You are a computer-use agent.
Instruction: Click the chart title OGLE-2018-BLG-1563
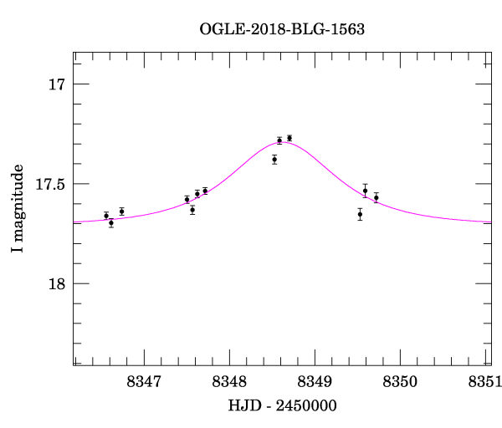tap(282, 28)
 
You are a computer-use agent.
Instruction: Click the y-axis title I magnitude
tap(18, 210)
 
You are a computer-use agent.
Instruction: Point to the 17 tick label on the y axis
tap(56, 84)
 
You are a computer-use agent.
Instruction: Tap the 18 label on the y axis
tap(56, 284)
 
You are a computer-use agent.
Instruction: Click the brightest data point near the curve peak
tap(289, 138)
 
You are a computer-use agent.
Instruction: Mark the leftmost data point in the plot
tap(106, 216)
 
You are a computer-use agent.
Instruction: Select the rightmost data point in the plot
tap(376, 198)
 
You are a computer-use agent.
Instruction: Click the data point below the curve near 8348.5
tap(274, 159)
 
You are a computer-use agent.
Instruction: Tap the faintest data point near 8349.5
tap(360, 214)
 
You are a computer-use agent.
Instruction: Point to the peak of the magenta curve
tap(284, 142)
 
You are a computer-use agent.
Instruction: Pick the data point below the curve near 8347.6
tap(192, 210)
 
